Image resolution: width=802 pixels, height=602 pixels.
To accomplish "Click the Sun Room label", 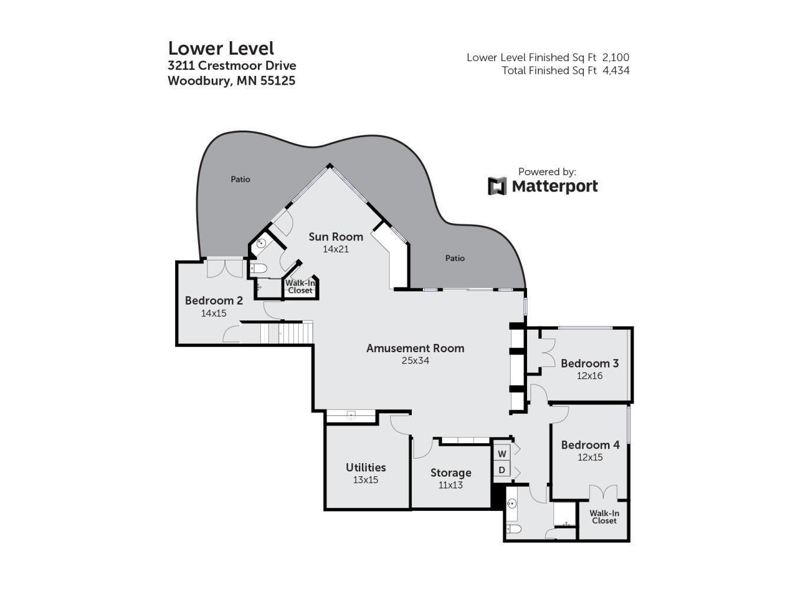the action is pyautogui.click(x=335, y=237).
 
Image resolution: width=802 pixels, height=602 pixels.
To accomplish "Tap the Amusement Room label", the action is pyautogui.click(x=415, y=349).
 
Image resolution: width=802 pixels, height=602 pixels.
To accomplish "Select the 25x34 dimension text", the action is pyautogui.click(x=415, y=361).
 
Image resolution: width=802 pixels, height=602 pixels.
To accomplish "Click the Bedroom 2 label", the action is pyautogui.click(x=214, y=300).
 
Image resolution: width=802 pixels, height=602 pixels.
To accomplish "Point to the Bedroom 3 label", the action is pyautogui.click(x=589, y=363).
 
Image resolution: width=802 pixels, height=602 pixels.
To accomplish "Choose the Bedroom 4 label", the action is pyautogui.click(x=590, y=445).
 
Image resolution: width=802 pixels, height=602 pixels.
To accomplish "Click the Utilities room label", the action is pyautogui.click(x=365, y=467).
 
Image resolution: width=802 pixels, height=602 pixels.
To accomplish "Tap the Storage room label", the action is pyautogui.click(x=451, y=473).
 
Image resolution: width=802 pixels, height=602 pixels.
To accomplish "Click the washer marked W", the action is pyautogui.click(x=502, y=454).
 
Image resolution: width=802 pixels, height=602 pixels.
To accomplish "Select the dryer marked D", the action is pyautogui.click(x=502, y=470).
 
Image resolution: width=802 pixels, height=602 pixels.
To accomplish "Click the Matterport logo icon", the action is pyautogui.click(x=497, y=186).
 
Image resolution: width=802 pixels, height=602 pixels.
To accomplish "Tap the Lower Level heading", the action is pyautogui.click(x=221, y=48).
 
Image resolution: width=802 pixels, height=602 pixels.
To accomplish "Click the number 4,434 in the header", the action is pyautogui.click(x=616, y=70).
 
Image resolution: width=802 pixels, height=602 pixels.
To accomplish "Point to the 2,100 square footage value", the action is pyautogui.click(x=616, y=58).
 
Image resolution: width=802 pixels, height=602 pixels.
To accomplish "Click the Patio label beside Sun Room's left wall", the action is pyautogui.click(x=240, y=179).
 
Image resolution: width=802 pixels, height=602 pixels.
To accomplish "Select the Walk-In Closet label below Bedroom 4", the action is pyautogui.click(x=605, y=517).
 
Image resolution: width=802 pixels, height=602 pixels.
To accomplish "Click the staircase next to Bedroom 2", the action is pyautogui.click(x=287, y=332).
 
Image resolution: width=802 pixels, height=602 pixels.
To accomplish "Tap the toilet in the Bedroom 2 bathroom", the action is pyautogui.click(x=259, y=269).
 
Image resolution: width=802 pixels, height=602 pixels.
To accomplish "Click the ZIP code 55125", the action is pyautogui.click(x=278, y=81).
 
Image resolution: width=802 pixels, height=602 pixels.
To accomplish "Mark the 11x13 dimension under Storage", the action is pyautogui.click(x=451, y=485).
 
